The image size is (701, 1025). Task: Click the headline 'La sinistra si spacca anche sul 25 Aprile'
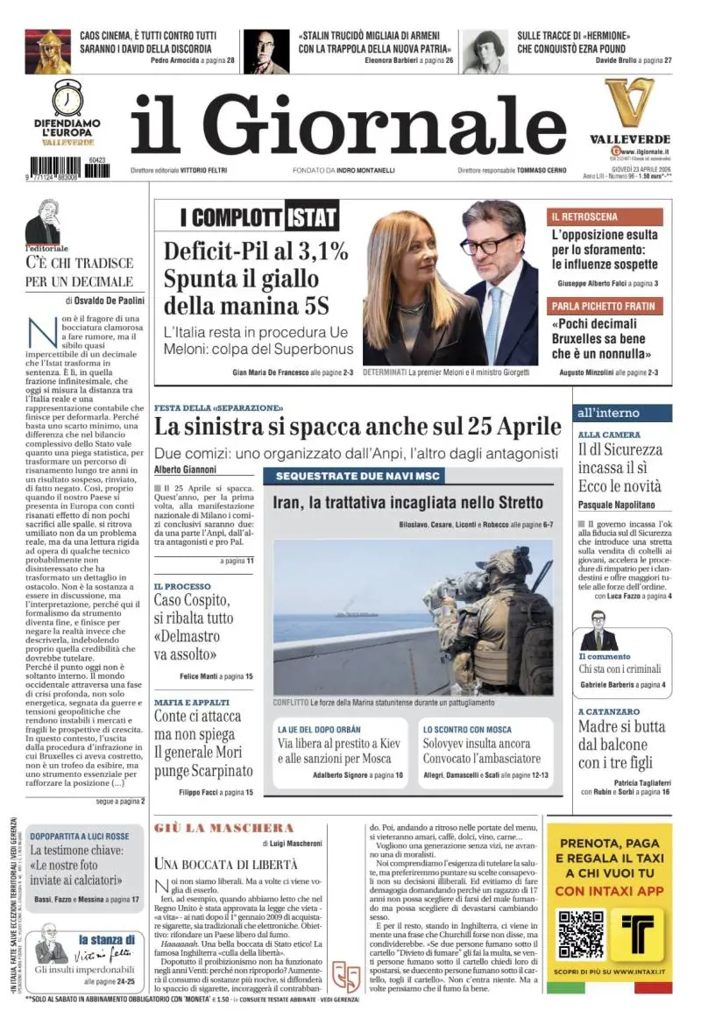[358, 428]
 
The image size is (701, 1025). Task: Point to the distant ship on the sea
[356, 612]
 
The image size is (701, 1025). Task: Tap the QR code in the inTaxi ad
[582, 936]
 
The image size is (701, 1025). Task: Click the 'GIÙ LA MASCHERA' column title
[223, 828]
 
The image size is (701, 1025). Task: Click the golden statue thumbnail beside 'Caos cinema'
[47, 50]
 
